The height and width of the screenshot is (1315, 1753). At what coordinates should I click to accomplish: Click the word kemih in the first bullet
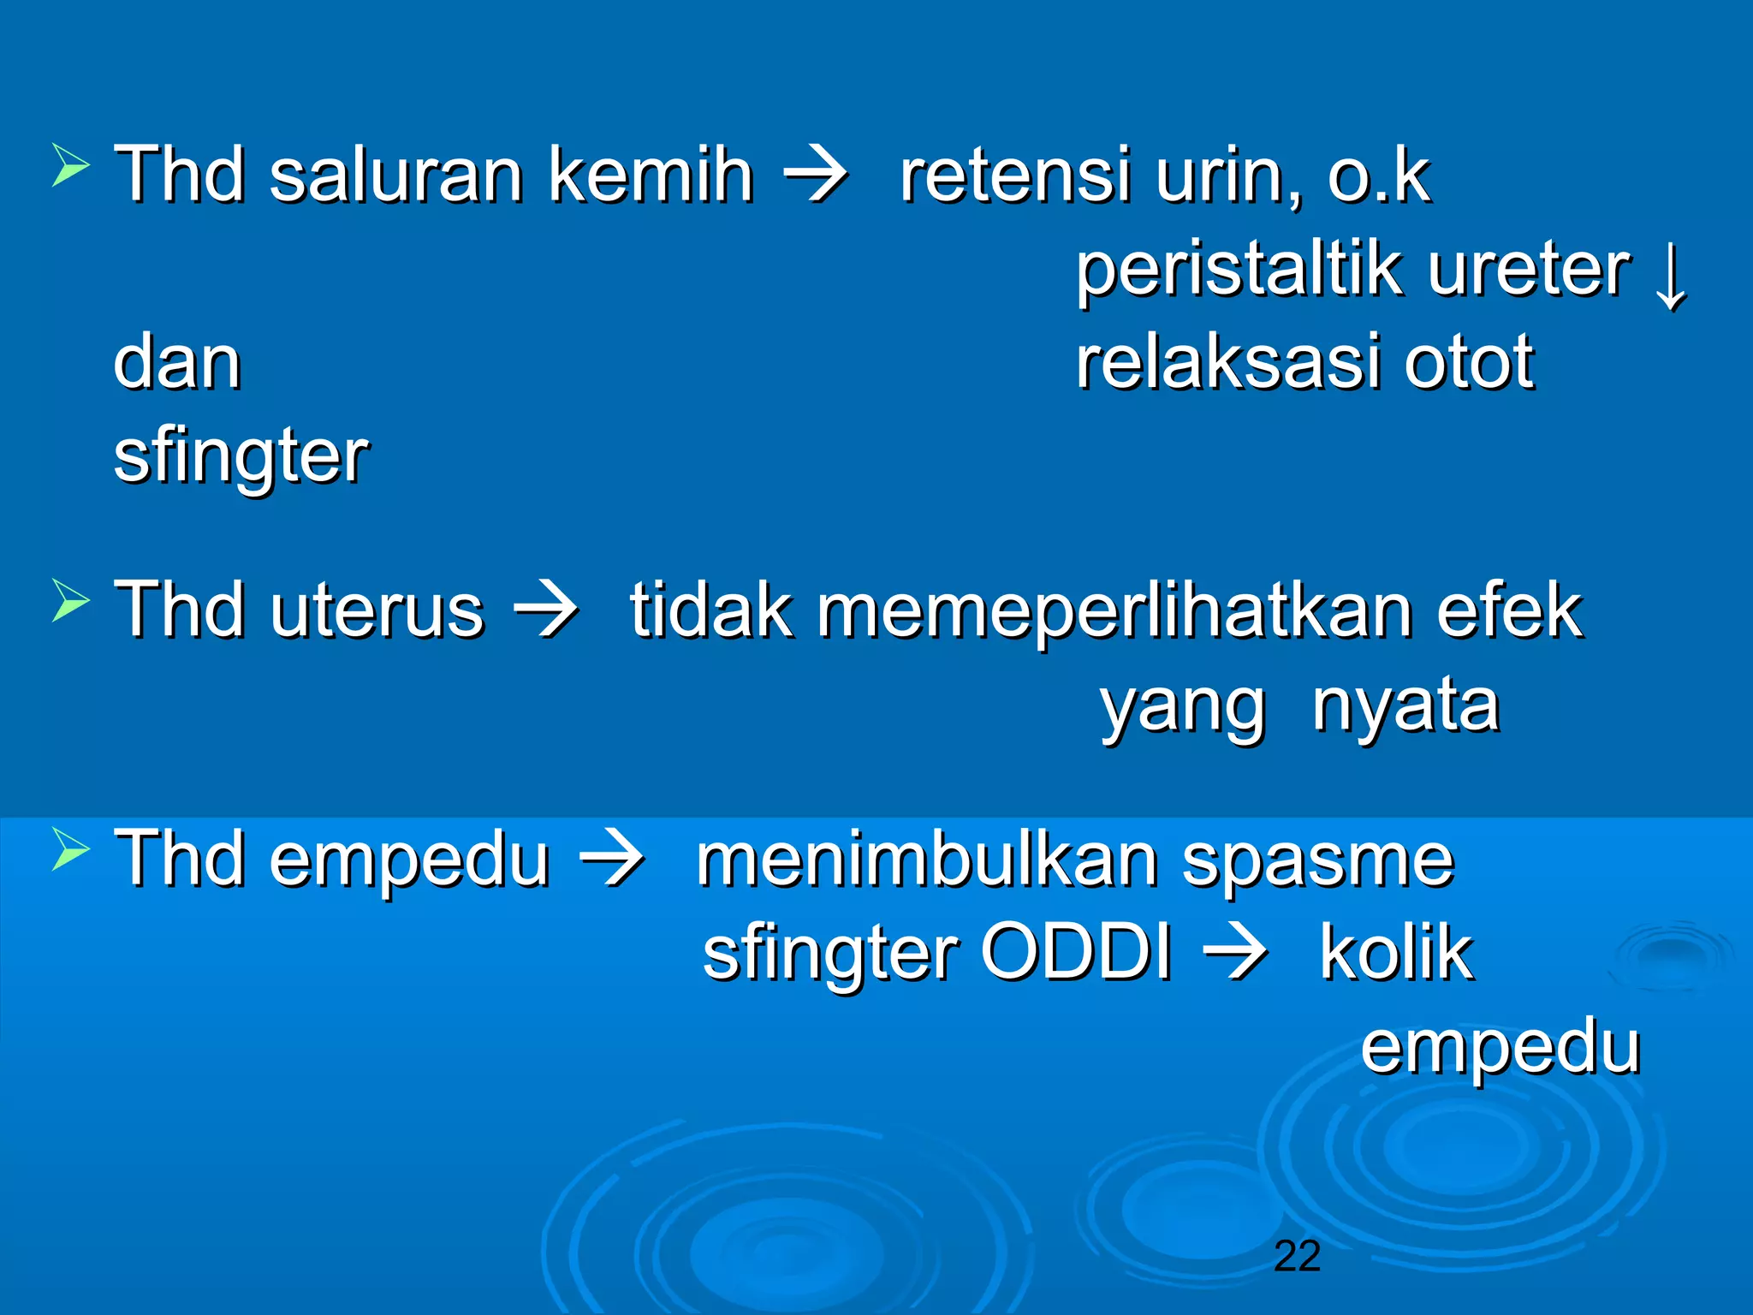tap(651, 175)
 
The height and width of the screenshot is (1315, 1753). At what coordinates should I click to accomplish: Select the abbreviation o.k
tap(1379, 175)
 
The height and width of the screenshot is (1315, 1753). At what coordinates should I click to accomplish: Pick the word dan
tap(177, 363)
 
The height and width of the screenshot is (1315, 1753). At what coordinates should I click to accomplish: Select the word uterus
tap(377, 610)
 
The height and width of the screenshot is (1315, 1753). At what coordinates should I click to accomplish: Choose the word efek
tap(1510, 610)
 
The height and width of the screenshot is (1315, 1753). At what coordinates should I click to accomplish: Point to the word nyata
tap(1405, 707)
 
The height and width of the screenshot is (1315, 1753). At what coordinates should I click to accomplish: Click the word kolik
tap(1396, 952)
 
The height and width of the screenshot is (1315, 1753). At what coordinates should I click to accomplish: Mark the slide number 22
tap(1297, 1256)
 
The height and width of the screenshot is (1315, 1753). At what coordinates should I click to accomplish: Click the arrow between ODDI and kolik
tap(1235, 954)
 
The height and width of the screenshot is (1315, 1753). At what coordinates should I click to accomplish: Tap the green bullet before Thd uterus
tap(70, 599)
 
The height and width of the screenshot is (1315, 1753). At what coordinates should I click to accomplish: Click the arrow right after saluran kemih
tap(816, 176)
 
